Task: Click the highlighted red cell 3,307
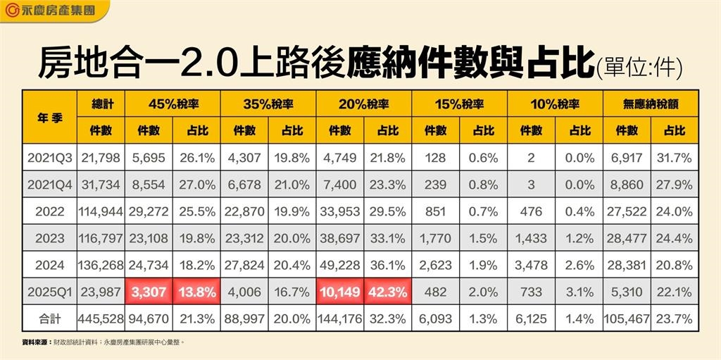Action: pos(149,292)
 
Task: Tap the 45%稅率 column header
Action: pos(173,104)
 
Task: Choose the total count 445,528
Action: pos(102,318)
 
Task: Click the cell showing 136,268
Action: pos(102,266)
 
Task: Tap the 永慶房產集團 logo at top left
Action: pos(53,11)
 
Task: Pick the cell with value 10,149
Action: pos(340,292)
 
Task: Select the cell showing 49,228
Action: pos(340,266)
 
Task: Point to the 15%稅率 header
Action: pos(459,104)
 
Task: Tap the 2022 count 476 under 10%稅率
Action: pos(531,212)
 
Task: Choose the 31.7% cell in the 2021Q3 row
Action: pos(675,159)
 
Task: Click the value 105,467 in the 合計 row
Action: pos(627,318)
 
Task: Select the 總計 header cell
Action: pos(102,104)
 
